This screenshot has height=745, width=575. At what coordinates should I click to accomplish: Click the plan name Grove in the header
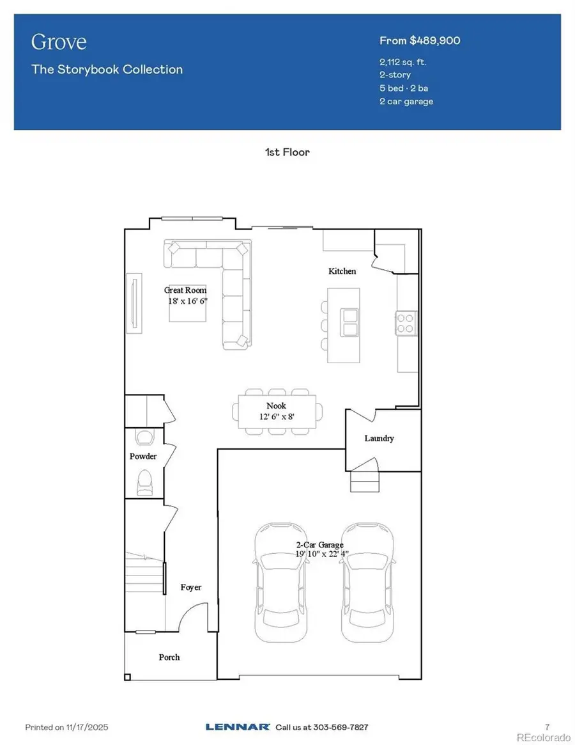[x=59, y=42]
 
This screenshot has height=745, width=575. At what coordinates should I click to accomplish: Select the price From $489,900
[x=420, y=41]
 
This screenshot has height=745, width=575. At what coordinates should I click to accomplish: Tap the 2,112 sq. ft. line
[x=402, y=62]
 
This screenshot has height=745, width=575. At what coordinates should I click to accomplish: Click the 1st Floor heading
[x=287, y=152]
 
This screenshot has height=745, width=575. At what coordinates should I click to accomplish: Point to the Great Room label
[x=185, y=290]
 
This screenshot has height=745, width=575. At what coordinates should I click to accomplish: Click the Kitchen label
[x=342, y=271]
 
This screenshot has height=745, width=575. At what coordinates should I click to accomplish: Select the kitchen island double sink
[x=350, y=322]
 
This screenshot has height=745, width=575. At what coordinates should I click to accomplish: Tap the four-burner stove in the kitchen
[x=406, y=322]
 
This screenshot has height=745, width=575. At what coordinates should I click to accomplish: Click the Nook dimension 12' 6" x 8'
[x=276, y=416]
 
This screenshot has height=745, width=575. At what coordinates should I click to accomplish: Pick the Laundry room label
[x=379, y=438]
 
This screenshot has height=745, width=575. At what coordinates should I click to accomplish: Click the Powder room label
[x=143, y=456]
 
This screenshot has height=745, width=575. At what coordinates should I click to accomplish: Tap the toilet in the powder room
[x=145, y=482]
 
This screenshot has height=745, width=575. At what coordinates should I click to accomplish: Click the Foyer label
[x=190, y=587]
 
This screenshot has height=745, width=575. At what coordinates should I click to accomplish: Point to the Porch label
[x=169, y=657]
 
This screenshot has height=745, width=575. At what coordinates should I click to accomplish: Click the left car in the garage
[x=278, y=582]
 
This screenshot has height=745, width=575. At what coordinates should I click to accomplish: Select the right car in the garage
[x=364, y=582]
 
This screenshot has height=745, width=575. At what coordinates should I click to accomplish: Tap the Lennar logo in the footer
[x=237, y=727]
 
